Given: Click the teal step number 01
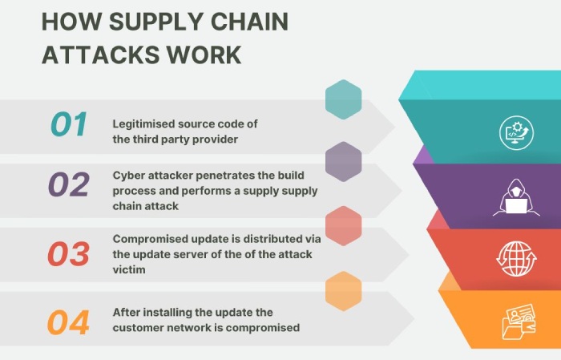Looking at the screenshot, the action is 69,123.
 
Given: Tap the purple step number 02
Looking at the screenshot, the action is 69,184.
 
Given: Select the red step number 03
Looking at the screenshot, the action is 68,253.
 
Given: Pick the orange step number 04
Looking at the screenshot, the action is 68,322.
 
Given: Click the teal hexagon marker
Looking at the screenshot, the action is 344,99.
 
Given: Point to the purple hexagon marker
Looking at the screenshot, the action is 344,162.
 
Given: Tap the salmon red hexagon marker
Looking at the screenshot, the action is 344,226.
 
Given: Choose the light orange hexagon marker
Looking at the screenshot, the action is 344,291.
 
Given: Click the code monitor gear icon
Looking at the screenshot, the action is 516,132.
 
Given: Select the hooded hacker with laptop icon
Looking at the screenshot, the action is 516,197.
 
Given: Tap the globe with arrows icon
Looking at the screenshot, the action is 516,258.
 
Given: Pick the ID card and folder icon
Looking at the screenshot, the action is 519,322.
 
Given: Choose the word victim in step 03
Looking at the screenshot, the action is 129,269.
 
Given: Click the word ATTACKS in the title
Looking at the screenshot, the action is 101,55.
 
